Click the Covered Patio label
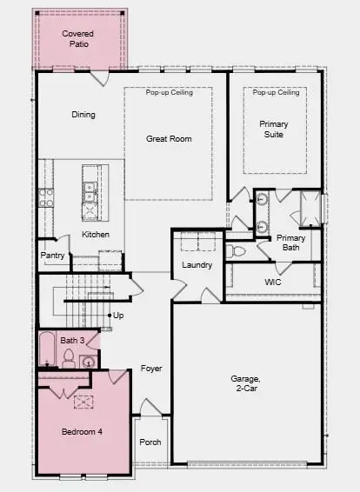coord(78,38)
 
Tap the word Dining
coord(83,115)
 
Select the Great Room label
coord(169,139)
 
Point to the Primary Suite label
coord(274,130)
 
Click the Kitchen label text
coord(96,236)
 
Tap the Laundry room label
coord(197,265)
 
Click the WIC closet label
coord(272,283)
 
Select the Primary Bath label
coord(291,243)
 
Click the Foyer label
coord(152,369)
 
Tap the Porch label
coord(150,442)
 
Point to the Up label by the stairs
coord(118,316)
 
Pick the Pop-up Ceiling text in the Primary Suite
coord(275,93)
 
